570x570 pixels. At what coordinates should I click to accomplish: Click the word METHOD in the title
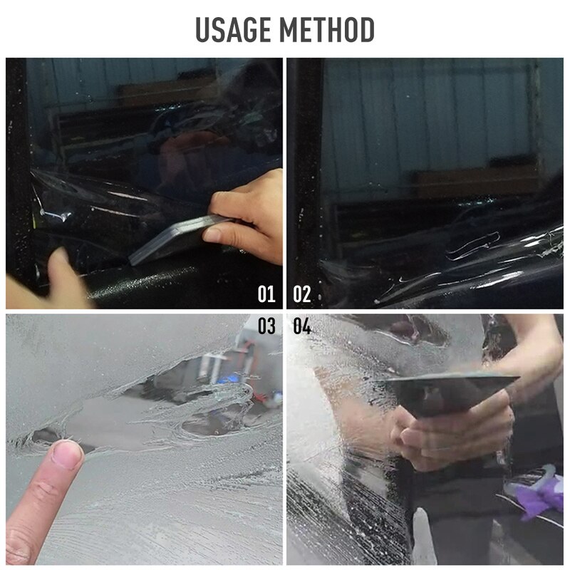(x=327, y=31)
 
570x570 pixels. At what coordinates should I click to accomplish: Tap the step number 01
(x=266, y=294)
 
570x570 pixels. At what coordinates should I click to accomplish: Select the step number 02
(x=302, y=294)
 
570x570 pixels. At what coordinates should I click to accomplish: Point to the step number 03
(x=266, y=327)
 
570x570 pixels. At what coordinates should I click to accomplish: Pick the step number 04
(x=302, y=327)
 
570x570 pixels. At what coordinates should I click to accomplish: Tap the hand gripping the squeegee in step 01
(x=246, y=214)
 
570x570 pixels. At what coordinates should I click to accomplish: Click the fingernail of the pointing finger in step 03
(x=68, y=454)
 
